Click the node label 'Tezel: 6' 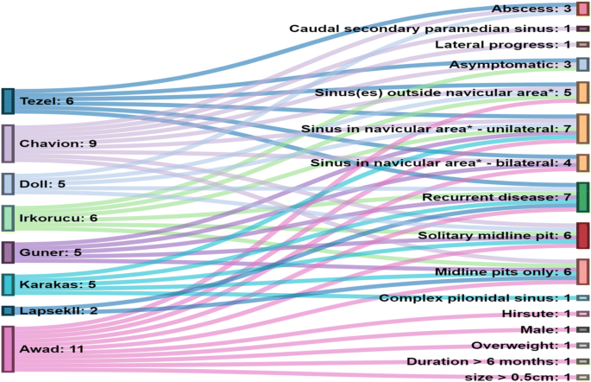pyautogui.click(x=47, y=102)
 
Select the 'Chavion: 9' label pyautogui.click(x=58, y=143)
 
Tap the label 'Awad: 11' pyautogui.click(x=49, y=350)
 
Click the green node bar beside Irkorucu pyautogui.click(x=8, y=219)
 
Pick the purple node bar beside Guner pyautogui.click(x=8, y=252)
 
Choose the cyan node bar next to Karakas pyautogui.click(x=8, y=284)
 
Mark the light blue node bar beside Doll pyautogui.click(x=8, y=184)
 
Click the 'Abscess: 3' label pyautogui.click(x=531, y=9)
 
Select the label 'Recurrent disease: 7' pyautogui.click(x=497, y=198)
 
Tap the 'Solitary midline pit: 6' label pyautogui.click(x=494, y=235)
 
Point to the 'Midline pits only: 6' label pyautogui.click(x=502, y=272)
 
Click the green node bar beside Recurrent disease pyautogui.click(x=583, y=198)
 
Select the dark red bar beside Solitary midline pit pyautogui.click(x=583, y=235)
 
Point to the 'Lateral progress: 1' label pyautogui.click(x=503, y=44)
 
